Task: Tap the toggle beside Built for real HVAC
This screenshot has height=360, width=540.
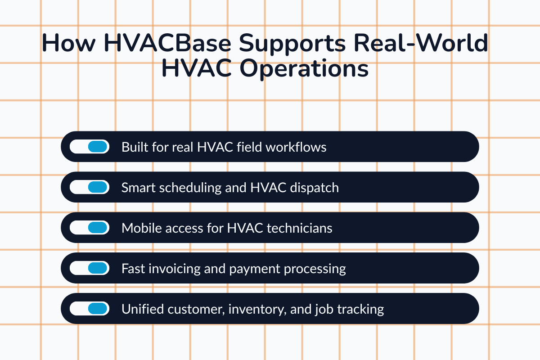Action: [90, 147]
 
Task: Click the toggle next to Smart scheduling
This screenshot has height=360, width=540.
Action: [90, 187]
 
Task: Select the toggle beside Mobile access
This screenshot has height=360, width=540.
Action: [90, 228]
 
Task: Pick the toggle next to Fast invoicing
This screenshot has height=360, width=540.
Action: [90, 268]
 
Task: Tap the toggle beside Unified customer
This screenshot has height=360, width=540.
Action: [90, 309]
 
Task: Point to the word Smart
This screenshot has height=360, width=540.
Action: [136, 188]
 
